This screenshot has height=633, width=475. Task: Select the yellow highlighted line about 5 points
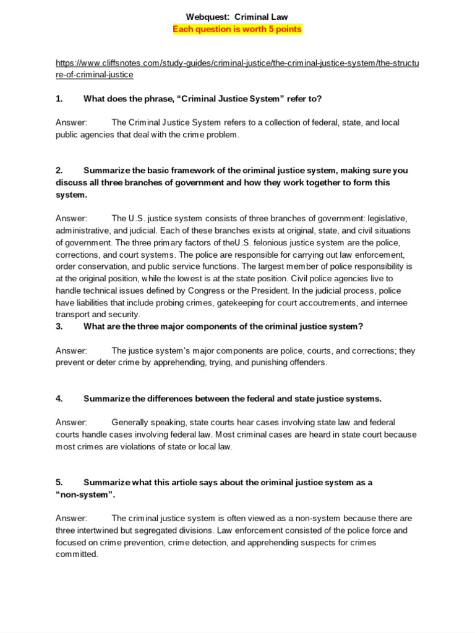[237, 29]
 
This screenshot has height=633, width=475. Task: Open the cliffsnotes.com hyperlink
[237, 69]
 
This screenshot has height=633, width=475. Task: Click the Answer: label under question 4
[71, 422]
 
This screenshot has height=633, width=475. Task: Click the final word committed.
[76, 554]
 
